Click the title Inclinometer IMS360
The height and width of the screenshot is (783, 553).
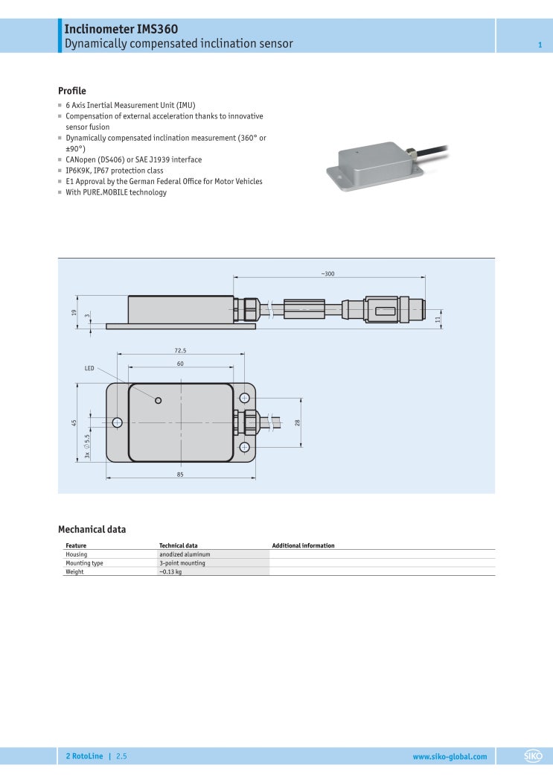pos(121,29)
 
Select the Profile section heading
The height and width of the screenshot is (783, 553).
pos(72,91)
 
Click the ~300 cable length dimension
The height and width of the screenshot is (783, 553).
pos(327,274)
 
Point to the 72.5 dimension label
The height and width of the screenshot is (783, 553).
pos(180,350)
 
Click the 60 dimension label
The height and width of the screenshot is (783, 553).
pos(180,364)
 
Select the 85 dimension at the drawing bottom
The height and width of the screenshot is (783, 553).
pos(180,475)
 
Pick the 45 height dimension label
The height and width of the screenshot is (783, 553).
pos(74,422)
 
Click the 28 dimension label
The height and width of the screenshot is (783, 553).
pos(297,422)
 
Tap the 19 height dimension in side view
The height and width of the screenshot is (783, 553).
pos(74,312)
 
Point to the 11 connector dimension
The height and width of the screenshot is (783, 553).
pos(438,318)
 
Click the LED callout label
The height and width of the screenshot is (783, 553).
pos(89,368)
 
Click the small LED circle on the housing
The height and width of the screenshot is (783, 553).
pos(158,401)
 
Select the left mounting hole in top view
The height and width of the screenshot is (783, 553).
pos(117,422)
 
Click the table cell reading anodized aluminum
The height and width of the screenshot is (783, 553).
pos(185,554)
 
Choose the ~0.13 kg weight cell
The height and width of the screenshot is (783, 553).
pos(170,571)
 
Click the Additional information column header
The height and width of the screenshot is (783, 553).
pos(303,545)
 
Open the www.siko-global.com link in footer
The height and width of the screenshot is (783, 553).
pos(450,756)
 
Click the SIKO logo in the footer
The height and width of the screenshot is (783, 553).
pos(534,756)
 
